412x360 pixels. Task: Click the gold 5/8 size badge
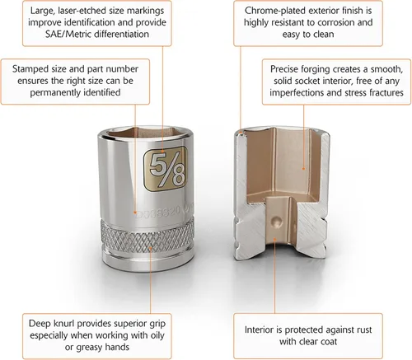coord(166,169)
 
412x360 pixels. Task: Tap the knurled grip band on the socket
coord(147,234)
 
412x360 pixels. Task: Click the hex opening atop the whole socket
coord(147,133)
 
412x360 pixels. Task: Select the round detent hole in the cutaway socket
coord(276,222)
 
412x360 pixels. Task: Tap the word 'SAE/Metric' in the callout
coord(68,34)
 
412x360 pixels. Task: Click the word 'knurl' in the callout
coord(65,324)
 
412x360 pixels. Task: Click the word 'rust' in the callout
coord(364,330)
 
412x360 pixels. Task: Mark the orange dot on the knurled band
coord(151,248)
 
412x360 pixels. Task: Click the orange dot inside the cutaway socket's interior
coord(304,169)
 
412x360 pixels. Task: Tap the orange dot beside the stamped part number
coord(135,213)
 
